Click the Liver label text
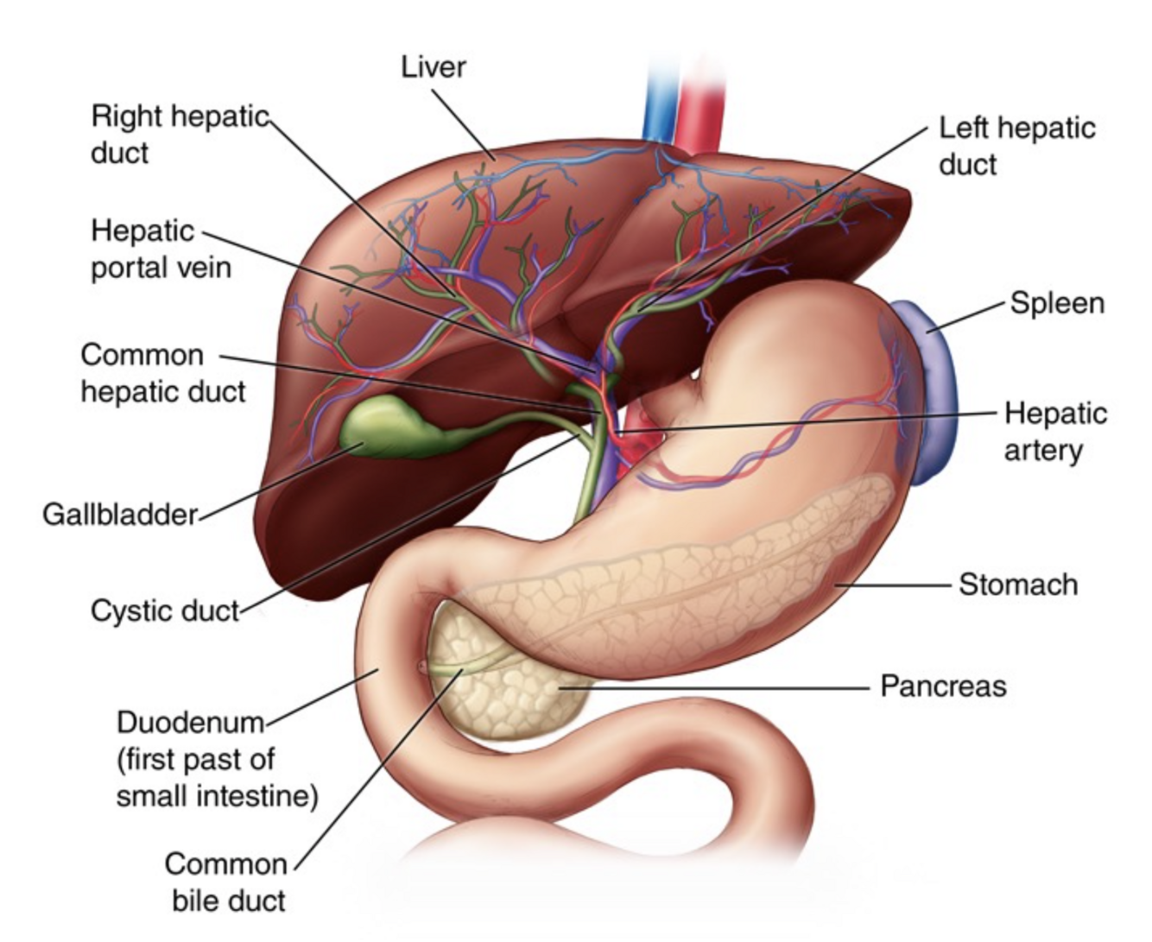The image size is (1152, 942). pos(433,66)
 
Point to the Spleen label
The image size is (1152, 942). pos(1057,304)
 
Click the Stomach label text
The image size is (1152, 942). pos(1018,585)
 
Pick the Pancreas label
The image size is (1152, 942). pos(943,686)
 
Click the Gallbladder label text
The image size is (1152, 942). pos(120,515)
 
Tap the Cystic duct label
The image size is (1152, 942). pos(165,611)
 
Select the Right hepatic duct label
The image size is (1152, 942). pos(180,134)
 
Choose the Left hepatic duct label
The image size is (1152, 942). pos(1016,146)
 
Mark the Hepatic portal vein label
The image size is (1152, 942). pos(161,249)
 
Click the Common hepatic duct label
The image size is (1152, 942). pos(162,373)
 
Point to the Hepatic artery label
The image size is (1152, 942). pos(1055,432)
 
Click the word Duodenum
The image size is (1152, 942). pos(189,722)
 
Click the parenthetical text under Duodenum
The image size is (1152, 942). pos(217,777)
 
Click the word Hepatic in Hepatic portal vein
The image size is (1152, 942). pos(142,231)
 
